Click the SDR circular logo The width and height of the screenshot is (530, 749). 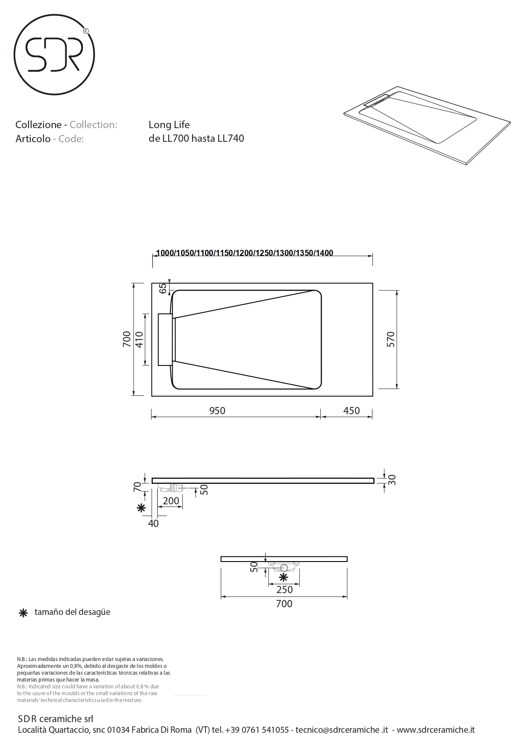pos(54,55)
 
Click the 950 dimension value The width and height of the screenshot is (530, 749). pos(217,411)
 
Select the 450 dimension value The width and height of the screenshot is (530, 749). pos(351,411)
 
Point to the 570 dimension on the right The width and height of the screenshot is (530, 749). pos(391,339)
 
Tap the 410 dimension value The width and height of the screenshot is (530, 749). pos(139,339)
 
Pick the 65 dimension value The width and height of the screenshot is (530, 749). pos(163,288)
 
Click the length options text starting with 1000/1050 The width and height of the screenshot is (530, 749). pos(244,253)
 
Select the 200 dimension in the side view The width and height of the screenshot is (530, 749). pos(171,501)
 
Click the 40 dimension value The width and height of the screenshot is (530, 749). pos(153,523)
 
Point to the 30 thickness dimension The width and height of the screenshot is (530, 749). pos(392,480)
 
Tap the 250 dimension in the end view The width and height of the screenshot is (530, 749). pos(284,590)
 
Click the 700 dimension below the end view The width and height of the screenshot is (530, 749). pos(284,604)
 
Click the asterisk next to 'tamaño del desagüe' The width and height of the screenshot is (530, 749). pos(23,613)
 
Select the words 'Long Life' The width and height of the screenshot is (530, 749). pos(169,125)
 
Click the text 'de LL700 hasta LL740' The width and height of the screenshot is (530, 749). pos(196,138)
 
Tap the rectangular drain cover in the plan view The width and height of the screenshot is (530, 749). pos(166,339)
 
